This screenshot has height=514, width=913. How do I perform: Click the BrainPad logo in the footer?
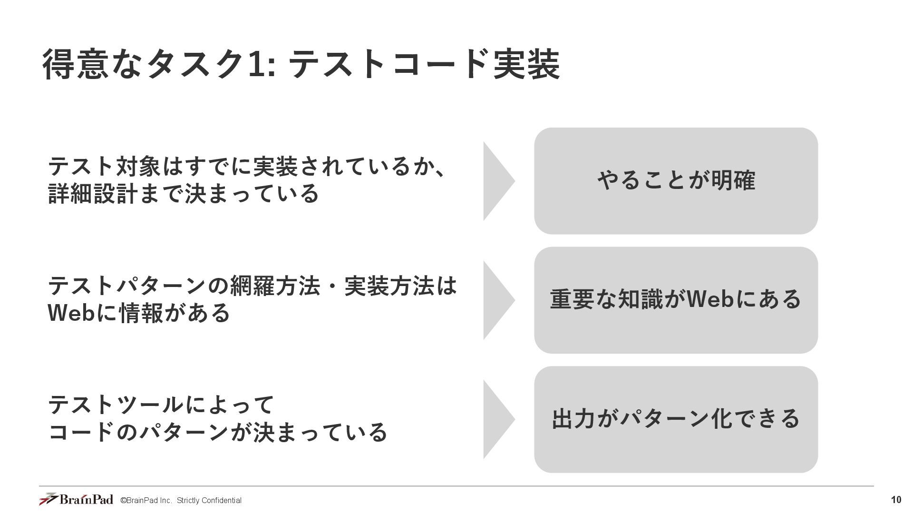(x=76, y=499)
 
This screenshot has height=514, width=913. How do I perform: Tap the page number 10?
(x=896, y=500)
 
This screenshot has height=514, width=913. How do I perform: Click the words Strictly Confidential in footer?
(x=209, y=500)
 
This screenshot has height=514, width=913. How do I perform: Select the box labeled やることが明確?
(x=676, y=181)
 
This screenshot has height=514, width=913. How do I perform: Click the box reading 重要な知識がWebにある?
(x=676, y=300)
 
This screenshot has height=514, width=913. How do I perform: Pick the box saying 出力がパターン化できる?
(x=676, y=419)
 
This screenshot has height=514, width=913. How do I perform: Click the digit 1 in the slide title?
(x=256, y=64)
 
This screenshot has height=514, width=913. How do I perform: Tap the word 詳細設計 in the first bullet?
(x=94, y=194)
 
